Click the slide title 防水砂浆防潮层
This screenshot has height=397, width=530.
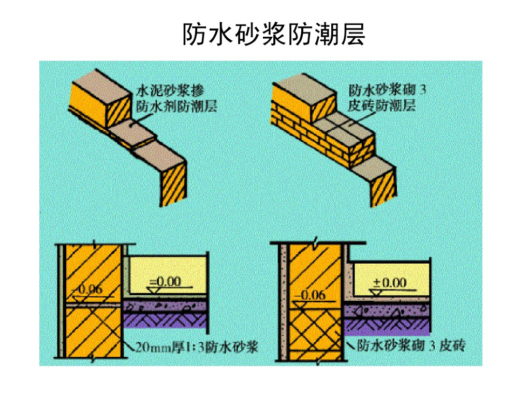[x=274, y=34]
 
